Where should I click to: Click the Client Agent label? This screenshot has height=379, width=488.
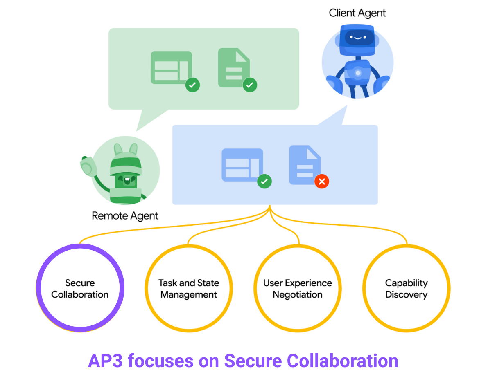[357, 13]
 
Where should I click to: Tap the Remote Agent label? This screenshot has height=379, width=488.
[125, 215]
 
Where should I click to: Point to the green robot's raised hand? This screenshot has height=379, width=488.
[87, 166]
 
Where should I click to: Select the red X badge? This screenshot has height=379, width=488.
[322, 182]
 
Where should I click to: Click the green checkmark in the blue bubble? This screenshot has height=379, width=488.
[264, 181]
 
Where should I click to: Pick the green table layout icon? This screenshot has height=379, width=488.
[171, 67]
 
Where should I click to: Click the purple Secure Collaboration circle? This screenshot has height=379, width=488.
[80, 288]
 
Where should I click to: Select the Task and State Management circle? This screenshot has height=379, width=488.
[189, 288]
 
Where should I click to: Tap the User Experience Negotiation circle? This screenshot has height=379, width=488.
[298, 288]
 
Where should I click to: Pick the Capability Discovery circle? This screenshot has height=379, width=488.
[406, 288]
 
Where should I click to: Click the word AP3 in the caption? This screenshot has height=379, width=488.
[105, 361]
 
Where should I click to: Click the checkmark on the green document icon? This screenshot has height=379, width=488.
[250, 85]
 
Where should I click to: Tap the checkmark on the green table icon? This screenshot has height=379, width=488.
[192, 85]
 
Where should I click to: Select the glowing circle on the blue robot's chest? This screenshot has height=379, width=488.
[358, 73]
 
